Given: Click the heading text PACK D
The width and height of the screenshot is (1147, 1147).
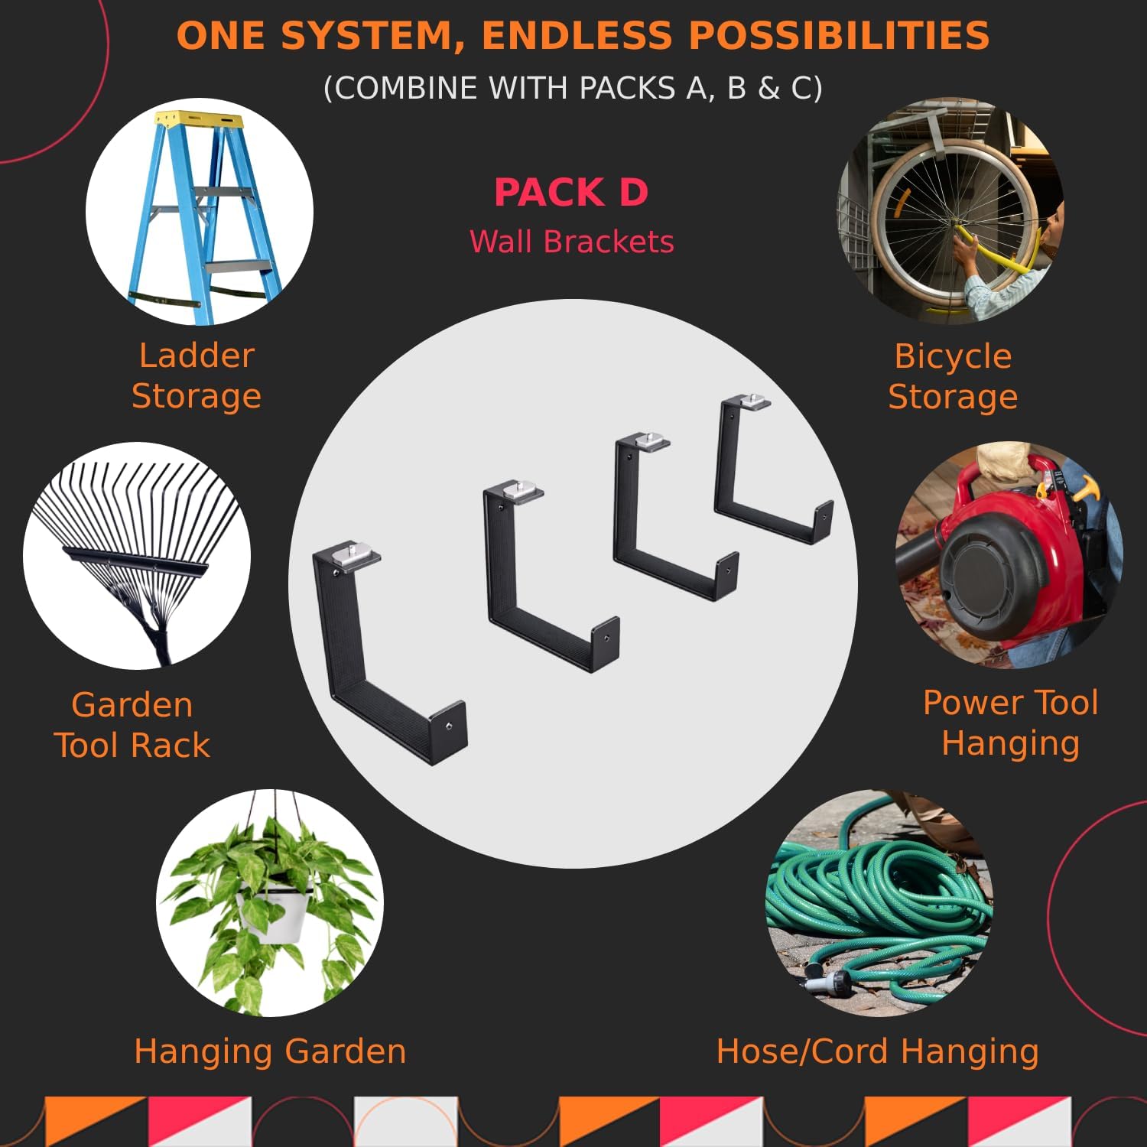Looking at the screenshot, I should (571, 192).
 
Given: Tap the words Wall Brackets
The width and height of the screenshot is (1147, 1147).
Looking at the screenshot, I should (571, 242).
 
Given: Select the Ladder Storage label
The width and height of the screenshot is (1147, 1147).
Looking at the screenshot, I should (197, 375).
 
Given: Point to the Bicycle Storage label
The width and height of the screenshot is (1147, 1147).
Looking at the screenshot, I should (953, 376).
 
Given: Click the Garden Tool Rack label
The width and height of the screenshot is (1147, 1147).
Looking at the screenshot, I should (132, 725).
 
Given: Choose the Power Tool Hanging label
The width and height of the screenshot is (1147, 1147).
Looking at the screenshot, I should (1010, 723).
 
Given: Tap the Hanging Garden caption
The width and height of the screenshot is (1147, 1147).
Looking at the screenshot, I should (270, 1051).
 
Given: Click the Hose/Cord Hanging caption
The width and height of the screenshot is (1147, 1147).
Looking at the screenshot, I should (877, 1051).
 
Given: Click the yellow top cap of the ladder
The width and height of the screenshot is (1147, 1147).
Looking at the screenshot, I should (198, 120).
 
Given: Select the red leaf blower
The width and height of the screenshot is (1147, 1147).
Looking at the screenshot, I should (1002, 551).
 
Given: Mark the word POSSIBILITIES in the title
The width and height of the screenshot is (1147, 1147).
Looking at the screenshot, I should (839, 36).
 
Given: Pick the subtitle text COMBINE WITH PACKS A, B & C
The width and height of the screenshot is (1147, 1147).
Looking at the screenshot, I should (573, 88).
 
